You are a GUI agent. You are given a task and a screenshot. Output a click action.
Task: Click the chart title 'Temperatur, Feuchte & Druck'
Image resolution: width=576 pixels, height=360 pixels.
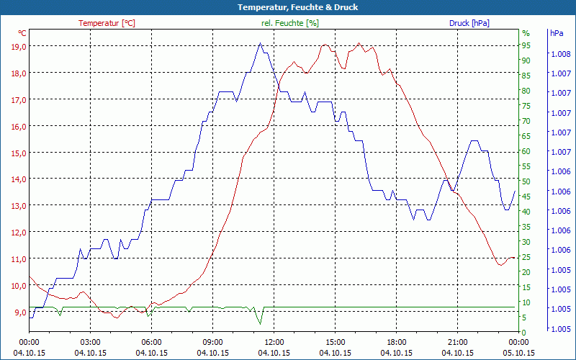click(288, 7)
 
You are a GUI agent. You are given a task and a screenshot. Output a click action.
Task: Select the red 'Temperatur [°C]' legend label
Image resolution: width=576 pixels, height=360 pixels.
click(107, 23)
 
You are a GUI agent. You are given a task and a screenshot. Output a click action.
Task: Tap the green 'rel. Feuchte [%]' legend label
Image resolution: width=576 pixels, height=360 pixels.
click(289, 23)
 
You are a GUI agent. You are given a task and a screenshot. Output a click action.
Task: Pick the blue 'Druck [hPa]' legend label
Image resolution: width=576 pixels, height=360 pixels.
click(469, 23)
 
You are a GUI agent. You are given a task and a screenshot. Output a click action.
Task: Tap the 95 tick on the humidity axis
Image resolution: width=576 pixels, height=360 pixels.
click(526, 45)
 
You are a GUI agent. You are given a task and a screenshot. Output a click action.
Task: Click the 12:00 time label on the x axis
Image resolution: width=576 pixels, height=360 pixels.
click(274, 342)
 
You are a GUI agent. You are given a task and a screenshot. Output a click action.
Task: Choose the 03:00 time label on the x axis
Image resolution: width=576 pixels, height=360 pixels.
click(91, 342)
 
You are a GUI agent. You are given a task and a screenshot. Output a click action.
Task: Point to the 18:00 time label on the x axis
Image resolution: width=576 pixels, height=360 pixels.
click(397, 342)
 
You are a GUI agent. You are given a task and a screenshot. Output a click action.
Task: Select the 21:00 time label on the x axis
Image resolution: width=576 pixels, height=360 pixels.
click(458, 342)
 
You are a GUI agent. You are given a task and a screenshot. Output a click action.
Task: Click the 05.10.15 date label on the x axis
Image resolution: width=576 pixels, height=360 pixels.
click(519, 353)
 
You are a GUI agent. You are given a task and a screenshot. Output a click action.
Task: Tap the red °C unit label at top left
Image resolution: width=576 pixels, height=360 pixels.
click(22, 33)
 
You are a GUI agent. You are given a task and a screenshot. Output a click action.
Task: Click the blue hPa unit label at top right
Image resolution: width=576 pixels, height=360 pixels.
click(557, 33)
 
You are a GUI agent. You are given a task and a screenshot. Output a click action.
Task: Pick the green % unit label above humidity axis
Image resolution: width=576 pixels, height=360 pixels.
click(526, 33)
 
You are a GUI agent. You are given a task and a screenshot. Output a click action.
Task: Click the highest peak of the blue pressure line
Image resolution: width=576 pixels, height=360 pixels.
click(260, 43)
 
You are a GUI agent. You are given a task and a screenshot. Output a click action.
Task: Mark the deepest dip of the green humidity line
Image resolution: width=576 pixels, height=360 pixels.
click(259, 324)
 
